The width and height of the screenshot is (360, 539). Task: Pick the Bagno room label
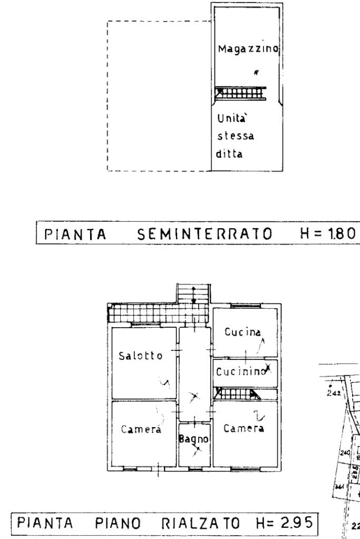click(x=194, y=439)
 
